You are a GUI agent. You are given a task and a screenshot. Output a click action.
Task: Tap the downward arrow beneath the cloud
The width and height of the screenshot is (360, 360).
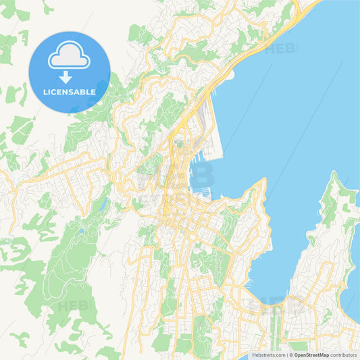[x=66, y=78]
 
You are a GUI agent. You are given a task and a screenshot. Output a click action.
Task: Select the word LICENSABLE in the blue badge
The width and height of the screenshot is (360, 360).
[x=70, y=91]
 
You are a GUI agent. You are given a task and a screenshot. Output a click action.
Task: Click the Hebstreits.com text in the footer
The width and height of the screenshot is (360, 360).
[x=267, y=354]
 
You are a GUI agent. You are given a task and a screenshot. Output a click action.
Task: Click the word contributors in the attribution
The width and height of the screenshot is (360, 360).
[x=346, y=354]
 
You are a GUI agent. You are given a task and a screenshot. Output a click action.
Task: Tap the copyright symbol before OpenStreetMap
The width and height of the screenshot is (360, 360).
[x=291, y=354]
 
